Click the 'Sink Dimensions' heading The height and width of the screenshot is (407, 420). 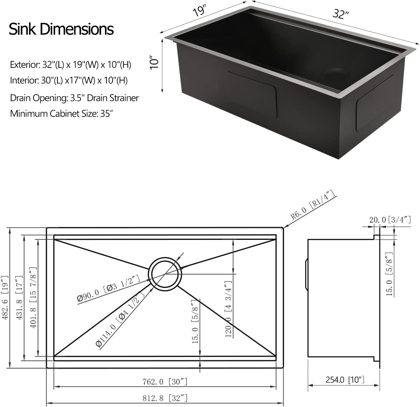61,29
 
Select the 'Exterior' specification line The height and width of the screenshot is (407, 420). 70,65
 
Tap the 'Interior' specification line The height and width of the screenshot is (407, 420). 69,80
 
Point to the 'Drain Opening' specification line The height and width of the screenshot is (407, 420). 74,98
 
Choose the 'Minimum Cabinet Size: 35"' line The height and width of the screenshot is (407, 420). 61,114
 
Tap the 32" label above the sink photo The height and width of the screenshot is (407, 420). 341,14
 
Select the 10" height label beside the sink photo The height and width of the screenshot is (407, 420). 154,62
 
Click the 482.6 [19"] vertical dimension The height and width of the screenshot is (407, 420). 5,298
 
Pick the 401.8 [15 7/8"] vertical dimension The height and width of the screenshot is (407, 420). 33,298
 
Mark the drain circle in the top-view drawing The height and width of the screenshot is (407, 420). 166,273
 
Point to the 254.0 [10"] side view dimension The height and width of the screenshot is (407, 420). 345,380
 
